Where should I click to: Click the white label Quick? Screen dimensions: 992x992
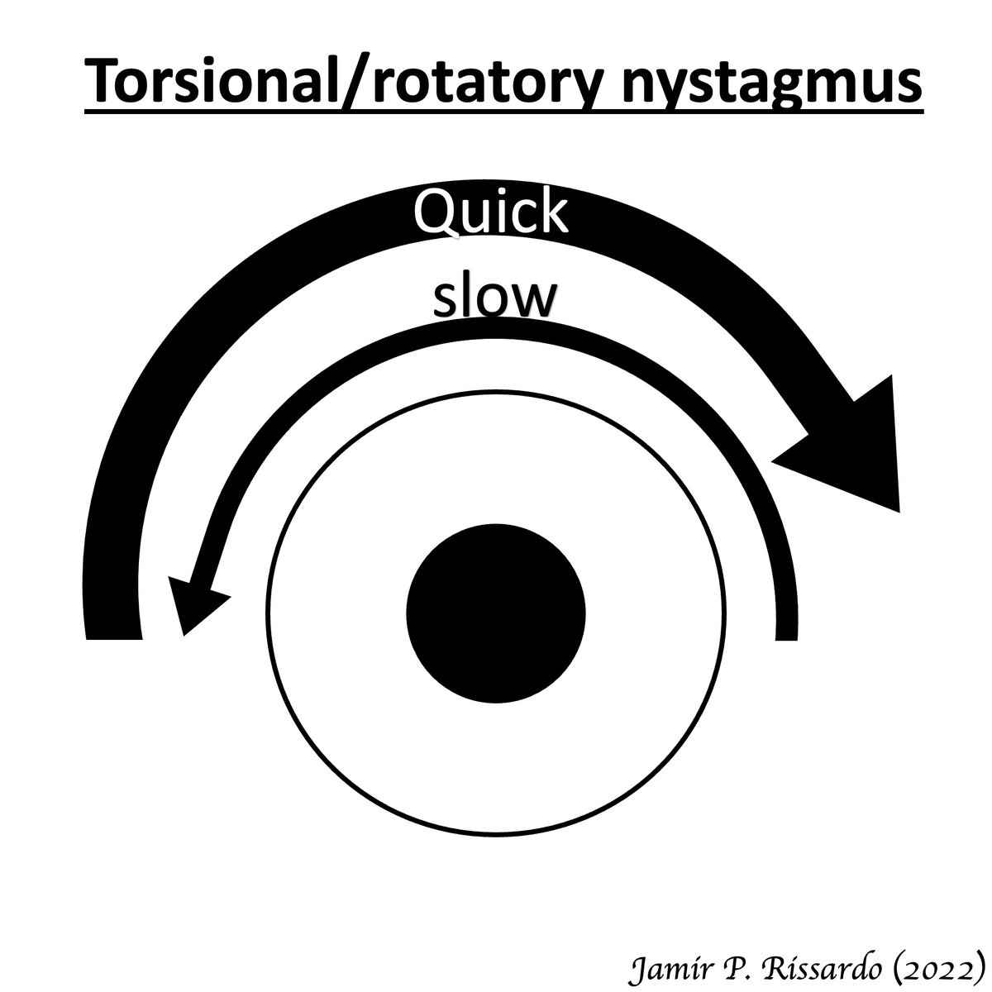[x=490, y=213]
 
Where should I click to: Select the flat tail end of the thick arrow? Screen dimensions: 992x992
[x=112, y=632]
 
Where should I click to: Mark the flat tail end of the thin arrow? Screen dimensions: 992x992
[x=787, y=633]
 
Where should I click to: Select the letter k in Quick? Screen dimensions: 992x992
[x=553, y=212]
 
